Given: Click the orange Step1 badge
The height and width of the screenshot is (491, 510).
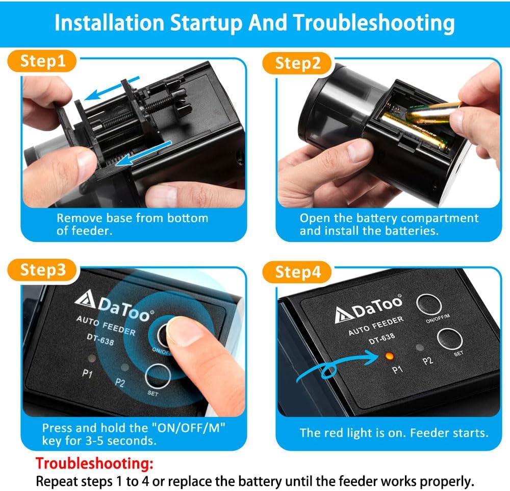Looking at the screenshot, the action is coord(42,61).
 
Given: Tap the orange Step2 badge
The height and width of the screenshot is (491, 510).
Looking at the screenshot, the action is coord(297,63).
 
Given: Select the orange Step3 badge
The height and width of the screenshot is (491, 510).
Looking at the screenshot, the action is coord(42,270).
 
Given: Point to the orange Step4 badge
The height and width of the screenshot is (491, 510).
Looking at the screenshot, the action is coord(297,272).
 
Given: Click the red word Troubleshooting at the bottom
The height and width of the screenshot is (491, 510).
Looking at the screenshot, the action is coord(94,463).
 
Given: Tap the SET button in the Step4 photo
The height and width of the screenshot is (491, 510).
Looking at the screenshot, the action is coord(449,338).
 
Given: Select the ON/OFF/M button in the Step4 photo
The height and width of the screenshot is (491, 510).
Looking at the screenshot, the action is coord(429,305).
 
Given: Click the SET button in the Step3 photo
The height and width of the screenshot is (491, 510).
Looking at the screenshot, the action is coord(158,376).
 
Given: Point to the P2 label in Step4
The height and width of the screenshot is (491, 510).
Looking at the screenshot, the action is coord(427,361).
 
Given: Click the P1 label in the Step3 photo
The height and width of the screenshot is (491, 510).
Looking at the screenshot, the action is coord(87,373).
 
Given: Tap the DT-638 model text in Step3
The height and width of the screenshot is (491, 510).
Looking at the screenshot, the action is coord(100,339).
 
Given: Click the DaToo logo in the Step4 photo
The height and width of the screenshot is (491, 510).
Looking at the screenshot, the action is coord(369,308).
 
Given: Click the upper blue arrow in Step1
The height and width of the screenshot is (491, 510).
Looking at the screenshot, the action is coord(112,89).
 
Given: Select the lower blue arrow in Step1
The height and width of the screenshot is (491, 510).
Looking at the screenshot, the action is coord(143,154).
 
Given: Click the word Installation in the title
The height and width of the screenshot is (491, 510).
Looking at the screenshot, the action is coord(109,23).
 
